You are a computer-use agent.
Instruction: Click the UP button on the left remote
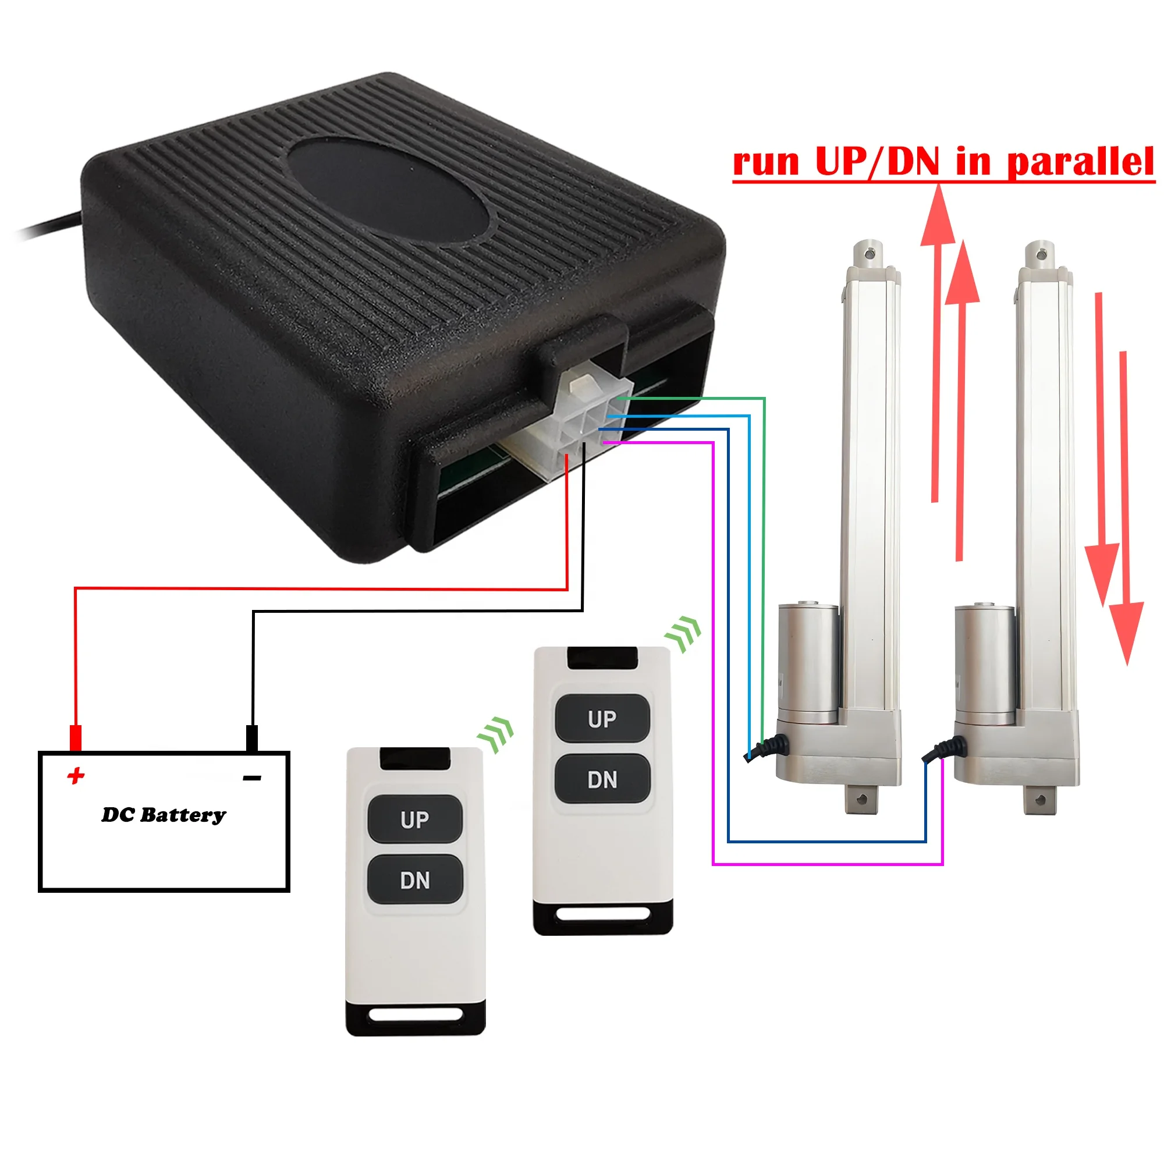pyautogui.click(x=415, y=819)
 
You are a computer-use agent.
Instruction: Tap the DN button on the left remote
pyautogui.click(x=415, y=880)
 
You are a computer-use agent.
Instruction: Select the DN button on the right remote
pyautogui.click(x=602, y=780)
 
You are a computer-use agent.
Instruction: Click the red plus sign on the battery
pyautogui.click(x=76, y=775)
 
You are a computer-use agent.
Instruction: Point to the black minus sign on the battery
pyautogui.click(x=252, y=778)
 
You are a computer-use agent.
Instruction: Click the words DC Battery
pyautogui.click(x=164, y=815)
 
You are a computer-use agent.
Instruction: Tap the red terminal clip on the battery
pyautogui.click(x=75, y=737)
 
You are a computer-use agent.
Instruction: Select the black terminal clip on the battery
pyautogui.click(x=253, y=738)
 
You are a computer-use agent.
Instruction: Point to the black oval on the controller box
pyautogui.click(x=389, y=189)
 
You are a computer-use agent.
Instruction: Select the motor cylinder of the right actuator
pyautogui.click(x=985, y=663)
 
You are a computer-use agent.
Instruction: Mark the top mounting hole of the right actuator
pyautogui.click(x=1041, y=255)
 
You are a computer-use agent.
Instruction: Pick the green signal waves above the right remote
pyautogui.click(x=683, y=634)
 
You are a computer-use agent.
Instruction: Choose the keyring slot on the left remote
pyautogui.click(x=415, y=1015)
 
